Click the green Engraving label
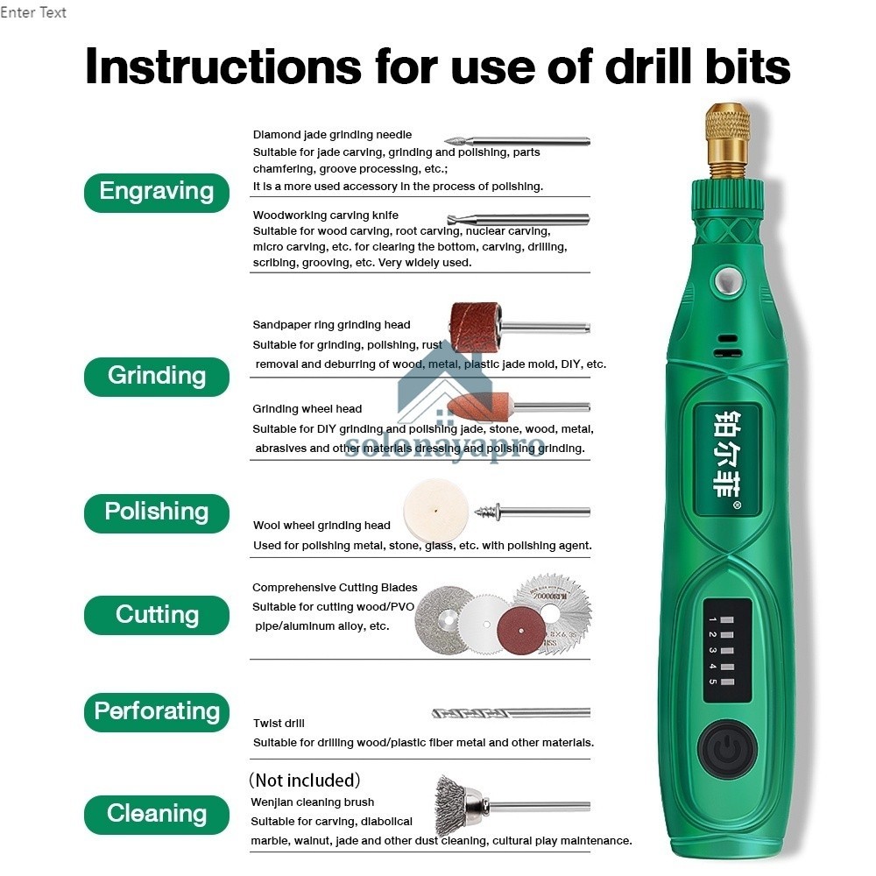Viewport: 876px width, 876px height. [x=157, y=193]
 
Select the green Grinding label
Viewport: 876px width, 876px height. [x=157, y=377]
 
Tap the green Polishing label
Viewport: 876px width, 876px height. [x=157, y=512]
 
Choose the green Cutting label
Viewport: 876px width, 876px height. [x=157, y=615]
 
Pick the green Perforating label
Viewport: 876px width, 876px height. [x=157, y=712]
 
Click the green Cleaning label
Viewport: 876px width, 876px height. [x=157, y=815]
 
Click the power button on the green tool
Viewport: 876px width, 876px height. [x=727, y=751]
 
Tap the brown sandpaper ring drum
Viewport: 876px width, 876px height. [x=476, y=327]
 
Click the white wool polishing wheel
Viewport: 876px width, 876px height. [x=435, y=511]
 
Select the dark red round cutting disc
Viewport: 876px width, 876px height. [x=520, y=630]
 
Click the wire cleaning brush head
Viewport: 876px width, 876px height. [x=458, y=804]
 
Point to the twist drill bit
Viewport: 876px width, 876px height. [x=511, y=713]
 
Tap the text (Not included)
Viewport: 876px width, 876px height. [x=305, y=780]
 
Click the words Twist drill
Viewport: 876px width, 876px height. [x=279, y=723]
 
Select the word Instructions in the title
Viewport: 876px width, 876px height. [x=223, y=67]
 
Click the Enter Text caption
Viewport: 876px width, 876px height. [x=33, y=12]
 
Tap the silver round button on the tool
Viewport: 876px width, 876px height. [x=727, y=280]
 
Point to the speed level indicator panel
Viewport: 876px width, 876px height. [x=719, y=650]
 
